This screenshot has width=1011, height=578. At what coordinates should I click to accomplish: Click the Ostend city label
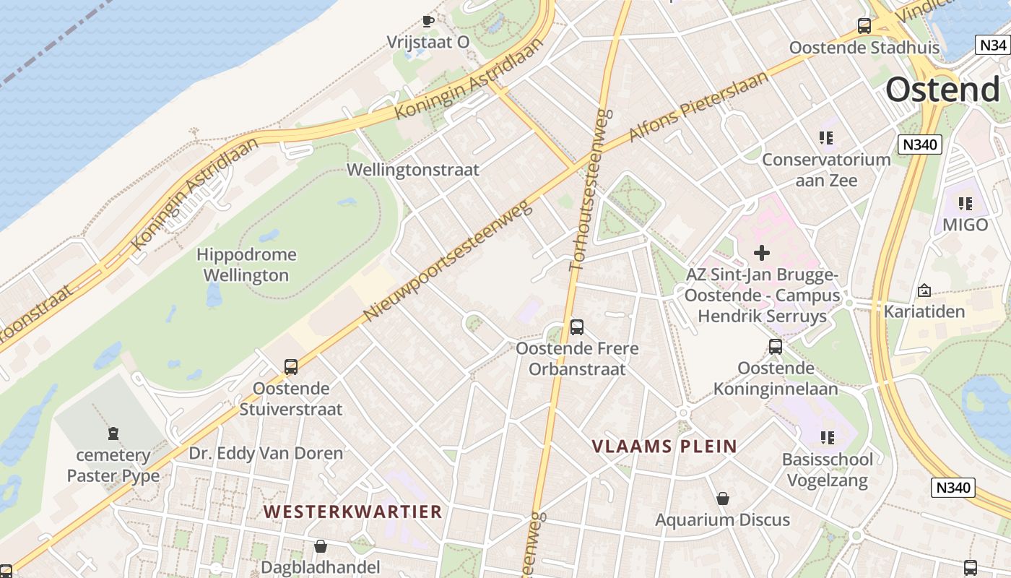943,90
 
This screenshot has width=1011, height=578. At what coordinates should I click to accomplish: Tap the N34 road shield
992,45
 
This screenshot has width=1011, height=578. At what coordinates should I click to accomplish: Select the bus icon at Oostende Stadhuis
864,27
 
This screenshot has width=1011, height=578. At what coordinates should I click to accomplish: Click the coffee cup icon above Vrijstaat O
428,21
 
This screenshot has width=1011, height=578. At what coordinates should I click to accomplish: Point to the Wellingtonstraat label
413,170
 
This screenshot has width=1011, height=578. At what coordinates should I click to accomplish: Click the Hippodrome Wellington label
246,264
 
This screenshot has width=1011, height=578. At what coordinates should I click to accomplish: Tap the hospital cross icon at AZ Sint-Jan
761,253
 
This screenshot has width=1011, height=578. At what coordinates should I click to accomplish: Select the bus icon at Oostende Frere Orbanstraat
576,327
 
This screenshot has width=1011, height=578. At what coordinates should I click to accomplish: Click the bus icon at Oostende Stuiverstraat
291,367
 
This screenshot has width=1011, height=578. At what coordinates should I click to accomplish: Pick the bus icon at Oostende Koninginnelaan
776,347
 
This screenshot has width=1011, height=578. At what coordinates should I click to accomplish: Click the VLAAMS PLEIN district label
664,447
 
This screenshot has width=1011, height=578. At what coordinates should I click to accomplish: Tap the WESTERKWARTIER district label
352,512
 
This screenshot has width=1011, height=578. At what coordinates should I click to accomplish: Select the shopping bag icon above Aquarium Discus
722,499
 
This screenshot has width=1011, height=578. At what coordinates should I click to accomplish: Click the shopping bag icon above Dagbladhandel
320,546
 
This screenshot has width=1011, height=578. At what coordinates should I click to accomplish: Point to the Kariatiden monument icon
924,290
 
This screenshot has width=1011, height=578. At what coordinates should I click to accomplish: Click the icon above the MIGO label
965,204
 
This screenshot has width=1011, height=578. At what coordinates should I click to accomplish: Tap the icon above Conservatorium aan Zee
826,138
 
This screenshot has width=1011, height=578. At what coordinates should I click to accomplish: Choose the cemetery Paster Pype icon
113,433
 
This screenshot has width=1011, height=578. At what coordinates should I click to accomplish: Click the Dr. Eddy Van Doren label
266,454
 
